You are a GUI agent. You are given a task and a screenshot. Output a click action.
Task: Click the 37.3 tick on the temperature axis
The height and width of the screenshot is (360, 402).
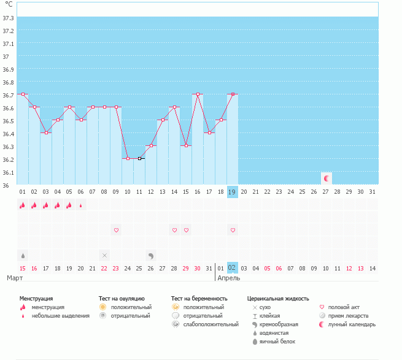click(9, 18)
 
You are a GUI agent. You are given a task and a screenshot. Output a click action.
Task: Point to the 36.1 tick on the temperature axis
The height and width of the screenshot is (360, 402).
click(9, 172)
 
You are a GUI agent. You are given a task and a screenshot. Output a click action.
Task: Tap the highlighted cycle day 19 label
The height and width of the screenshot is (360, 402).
click(232, 192)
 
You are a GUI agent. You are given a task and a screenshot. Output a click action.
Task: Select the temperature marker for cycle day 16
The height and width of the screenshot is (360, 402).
click(197, 94)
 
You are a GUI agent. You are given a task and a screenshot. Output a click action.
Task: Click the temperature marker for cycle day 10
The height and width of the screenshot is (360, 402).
click(128, 158)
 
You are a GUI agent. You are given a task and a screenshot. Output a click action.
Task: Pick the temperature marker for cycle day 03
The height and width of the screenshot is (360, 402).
click(46, 132)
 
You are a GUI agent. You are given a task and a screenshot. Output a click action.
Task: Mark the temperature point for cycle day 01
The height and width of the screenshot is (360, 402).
click(23, 94)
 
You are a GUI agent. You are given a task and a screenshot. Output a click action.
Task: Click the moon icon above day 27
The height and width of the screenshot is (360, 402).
click(327, 178)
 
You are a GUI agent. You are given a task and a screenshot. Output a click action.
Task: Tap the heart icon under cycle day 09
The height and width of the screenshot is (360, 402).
click(116, 230)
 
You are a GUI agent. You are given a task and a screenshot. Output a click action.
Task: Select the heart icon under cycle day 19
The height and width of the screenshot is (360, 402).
click(233, 230)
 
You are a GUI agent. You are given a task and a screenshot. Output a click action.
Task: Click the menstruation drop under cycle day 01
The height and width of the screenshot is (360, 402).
click(23, 205)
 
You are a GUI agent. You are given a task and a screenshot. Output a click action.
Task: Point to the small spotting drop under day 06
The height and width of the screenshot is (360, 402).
click(81, 205)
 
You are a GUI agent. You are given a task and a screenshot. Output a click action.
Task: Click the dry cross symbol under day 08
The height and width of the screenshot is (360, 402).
click(104, 255)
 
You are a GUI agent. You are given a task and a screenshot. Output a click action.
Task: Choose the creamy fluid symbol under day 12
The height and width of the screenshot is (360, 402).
click(151, 255)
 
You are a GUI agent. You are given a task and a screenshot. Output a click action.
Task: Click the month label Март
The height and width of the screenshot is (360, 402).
click(15, 278)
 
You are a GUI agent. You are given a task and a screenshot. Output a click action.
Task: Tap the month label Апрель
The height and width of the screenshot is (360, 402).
click(230, 278)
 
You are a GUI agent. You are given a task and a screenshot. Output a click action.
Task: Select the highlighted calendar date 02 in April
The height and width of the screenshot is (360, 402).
click(232, 268)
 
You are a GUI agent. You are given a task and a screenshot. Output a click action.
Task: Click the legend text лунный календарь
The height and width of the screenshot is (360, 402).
click(352, 324)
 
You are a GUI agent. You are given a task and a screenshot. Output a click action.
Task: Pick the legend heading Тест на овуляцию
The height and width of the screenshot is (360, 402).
click(122, 298)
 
